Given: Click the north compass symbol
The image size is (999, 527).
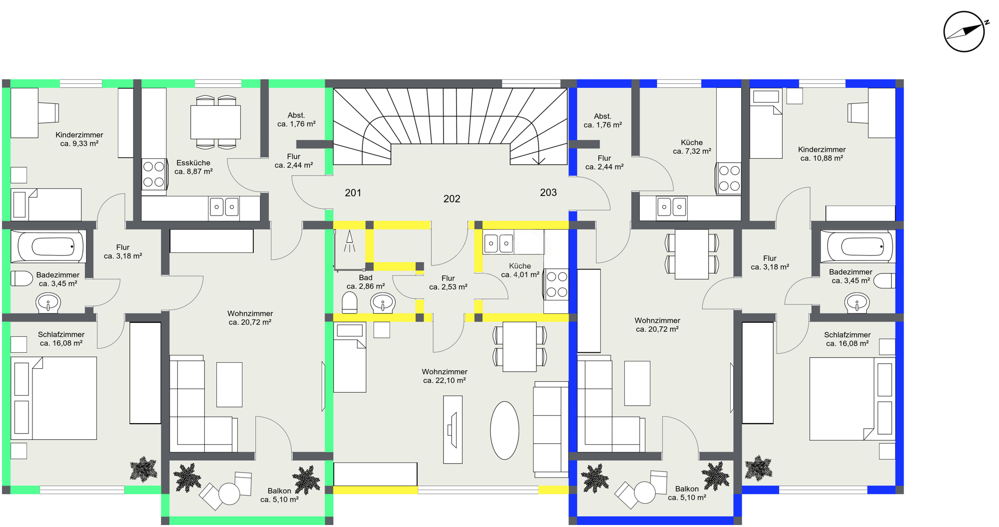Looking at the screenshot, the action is point(964,31).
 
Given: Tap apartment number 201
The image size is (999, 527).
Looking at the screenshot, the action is point(353,193).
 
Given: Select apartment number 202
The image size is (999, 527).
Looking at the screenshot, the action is point(452,199).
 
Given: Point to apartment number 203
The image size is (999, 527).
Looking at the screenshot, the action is point(548,192).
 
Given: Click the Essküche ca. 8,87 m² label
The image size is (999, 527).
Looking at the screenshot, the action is point(193,167).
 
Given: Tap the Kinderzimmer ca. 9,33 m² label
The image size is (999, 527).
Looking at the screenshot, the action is point(79,139).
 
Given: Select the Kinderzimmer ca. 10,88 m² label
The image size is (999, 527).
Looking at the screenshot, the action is point(822,154).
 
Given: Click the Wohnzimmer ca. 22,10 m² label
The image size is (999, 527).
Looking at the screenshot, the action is point(445,376).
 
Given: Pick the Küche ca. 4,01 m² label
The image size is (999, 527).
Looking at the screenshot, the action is point(520,270).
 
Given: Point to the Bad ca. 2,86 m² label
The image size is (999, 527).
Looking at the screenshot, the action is point(366,282).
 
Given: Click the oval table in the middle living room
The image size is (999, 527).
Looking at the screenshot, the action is point(504,430).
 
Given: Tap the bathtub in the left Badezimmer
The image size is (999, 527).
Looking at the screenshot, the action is point(48,246).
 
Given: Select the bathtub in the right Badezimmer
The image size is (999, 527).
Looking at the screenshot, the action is point(858,246).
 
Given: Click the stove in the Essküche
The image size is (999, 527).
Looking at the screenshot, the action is point(154,174).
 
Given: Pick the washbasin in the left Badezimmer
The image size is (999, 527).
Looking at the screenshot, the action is point(48,302).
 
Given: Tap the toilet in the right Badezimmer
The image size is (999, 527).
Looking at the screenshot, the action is point(885,280).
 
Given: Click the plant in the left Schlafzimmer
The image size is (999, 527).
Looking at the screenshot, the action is point(143,469).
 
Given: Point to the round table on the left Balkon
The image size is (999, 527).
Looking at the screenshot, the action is point(229,494).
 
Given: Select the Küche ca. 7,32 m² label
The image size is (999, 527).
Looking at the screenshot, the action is point(692,147).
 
